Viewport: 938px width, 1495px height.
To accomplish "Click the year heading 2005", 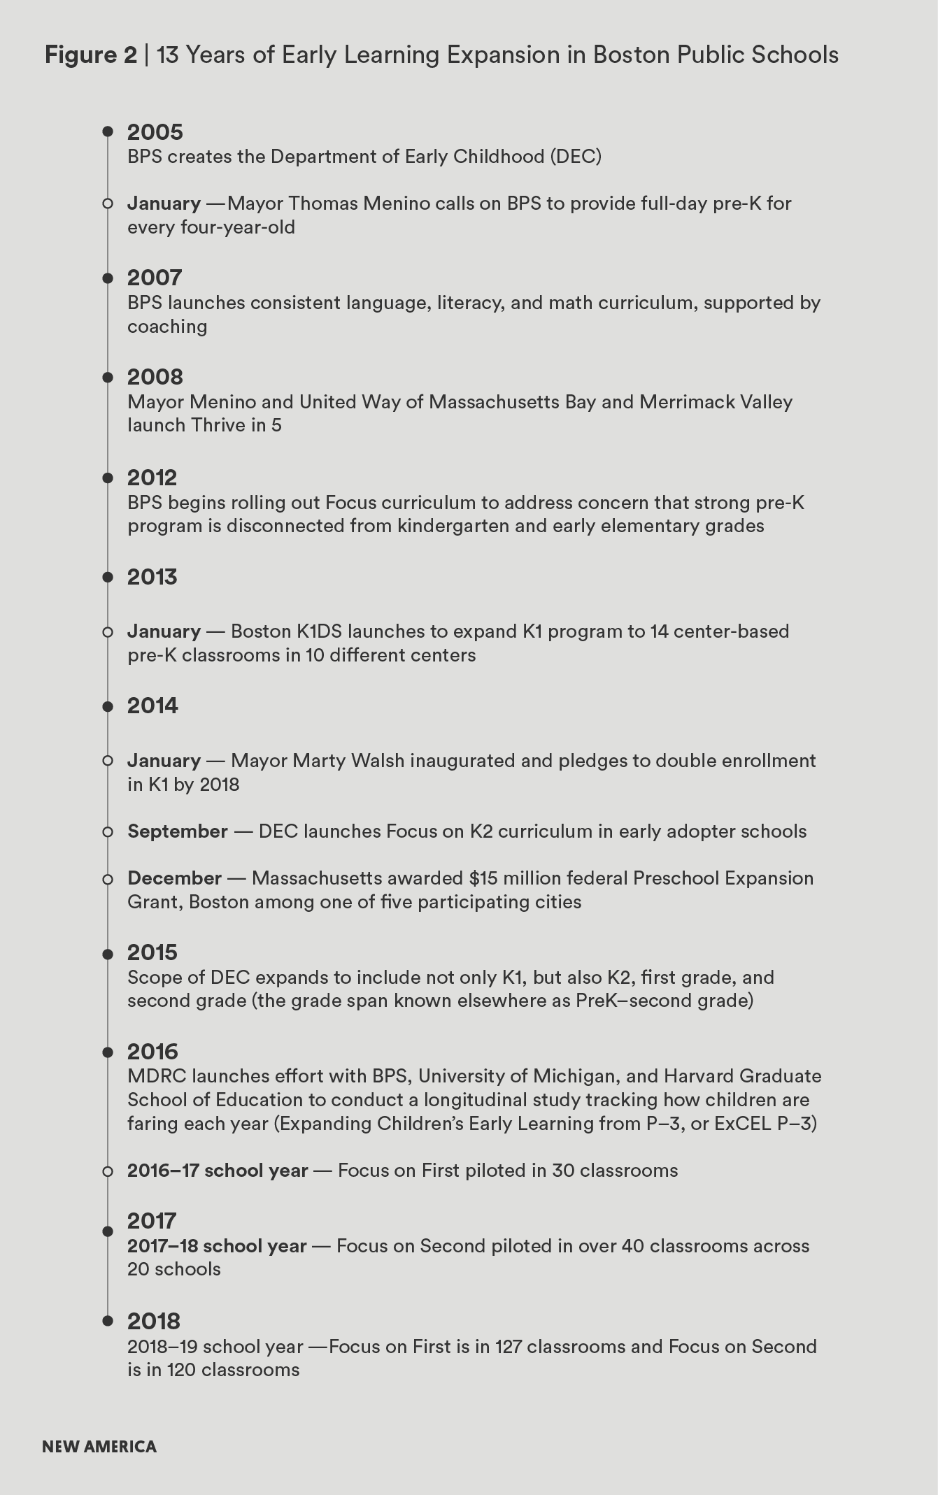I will (x=155, y=132).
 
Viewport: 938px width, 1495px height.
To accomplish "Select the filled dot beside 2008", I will (x=108, y=378).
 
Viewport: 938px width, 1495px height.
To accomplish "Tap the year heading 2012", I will (x=152, y=478).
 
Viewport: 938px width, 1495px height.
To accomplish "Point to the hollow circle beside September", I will (x=108, y=832).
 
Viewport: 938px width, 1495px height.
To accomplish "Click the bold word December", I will (x=174, y=878).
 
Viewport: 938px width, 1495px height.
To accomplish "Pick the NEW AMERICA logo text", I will (x=99, y=1447).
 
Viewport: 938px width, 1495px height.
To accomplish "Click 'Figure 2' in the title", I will (x=91, y=55).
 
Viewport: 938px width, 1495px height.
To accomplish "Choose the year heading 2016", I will (x=152, y=1052).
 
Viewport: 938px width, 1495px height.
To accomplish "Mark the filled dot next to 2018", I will (x=108, y=1321).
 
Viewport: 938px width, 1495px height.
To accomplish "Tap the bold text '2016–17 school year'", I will (x=218, y=1171).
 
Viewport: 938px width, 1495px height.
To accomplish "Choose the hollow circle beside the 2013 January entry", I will (x=108, y=632).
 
